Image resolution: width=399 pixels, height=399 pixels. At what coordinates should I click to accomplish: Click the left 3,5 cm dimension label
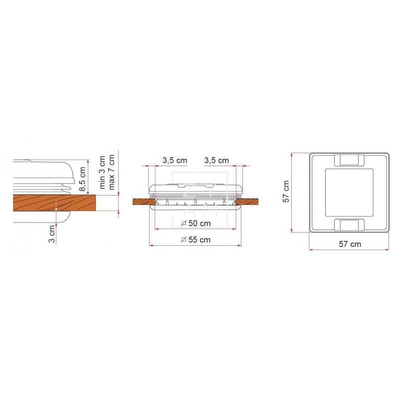coord(175,160)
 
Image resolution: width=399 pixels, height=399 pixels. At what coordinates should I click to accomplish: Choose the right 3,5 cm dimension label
coord(216,160)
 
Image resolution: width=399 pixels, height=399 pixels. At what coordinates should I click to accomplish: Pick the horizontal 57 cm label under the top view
coord(349,244)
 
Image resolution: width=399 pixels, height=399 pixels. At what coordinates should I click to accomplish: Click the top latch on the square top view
coord(349,160)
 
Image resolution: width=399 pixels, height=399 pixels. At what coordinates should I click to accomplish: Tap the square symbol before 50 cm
coord(184,222)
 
